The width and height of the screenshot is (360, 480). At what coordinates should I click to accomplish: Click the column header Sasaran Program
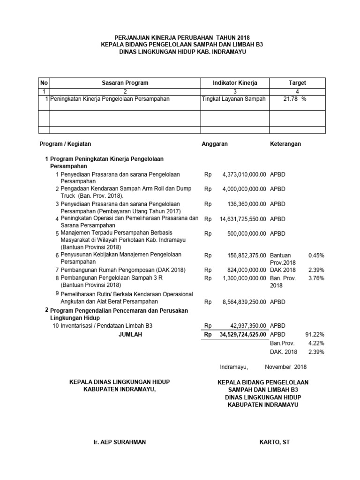(x=125, y=83)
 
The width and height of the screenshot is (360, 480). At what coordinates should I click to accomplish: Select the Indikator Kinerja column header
(x=235, y=83)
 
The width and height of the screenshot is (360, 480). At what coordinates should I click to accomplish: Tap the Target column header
(x=297, y=83)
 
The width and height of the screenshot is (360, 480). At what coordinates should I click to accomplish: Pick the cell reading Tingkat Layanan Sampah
(x=233, y=99)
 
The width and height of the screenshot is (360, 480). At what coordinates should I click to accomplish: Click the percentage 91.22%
(x=315, y=335)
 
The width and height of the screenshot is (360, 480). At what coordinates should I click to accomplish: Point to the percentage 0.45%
(x=316, y=255)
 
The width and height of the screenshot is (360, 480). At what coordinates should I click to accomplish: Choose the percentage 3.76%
(x=316, y=278)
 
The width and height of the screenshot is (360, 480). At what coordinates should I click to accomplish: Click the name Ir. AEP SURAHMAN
(x=120, y=442)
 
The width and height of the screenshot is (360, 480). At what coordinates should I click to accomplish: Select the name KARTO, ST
(x=275, y=442)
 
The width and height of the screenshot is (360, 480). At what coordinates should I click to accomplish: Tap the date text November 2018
(x=285, y=367)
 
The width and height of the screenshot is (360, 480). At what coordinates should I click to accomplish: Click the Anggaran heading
(x=215, y=144)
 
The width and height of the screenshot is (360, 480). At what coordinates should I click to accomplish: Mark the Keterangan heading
(x=285, y=144)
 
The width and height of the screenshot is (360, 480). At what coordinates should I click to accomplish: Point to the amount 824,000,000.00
(x=244, y=270)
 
